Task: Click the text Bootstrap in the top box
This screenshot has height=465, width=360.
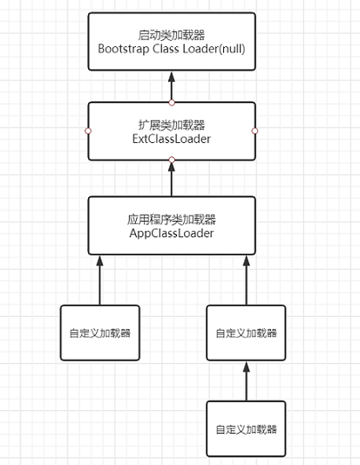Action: pyautogui.click(x=123, y=49)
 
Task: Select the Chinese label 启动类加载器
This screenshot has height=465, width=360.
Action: pyautogui.click(x=172, y=35)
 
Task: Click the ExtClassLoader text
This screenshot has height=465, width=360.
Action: pyautogui.click(x=172, y=139)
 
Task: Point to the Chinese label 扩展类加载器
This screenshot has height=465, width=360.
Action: pyautogui.click(x=172, y=125)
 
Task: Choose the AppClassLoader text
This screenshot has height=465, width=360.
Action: pyautogui.click(x=172, y=233)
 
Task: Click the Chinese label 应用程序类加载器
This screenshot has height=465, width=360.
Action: pyautogui.click(x=172, y=220)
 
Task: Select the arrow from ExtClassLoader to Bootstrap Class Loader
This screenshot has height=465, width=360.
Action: pyautogui.click(x=172, y=86)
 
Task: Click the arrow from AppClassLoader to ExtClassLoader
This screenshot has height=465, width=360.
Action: pyautogui.click(x=172, y=179)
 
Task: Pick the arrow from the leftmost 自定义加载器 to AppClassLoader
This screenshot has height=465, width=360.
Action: pyautogui.click(x=100, y=280)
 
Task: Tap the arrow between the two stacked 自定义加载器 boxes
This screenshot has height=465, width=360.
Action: pyautogui.click(x=246, y=381)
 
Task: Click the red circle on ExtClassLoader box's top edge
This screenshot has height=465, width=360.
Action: pyautogui.click(x=172, y=103)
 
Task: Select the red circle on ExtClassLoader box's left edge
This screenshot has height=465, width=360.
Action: pyautogui.click(x=88, y=131)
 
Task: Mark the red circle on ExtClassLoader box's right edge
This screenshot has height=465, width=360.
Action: pyautogui.click(x=255, y=131)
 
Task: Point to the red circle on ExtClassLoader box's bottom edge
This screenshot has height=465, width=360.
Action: pyautogui.click(x=172, y=160)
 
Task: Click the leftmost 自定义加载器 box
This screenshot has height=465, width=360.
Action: pyautogui.click(x=100, y=332)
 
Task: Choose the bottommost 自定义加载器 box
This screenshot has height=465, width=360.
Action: pyautogui.click(x=246, y=429)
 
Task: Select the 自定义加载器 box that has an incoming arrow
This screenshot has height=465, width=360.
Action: pyautogui.click(x=246, y=332)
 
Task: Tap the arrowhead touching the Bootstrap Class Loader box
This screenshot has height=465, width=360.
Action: pyautogui.click(x=172, y=77)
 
